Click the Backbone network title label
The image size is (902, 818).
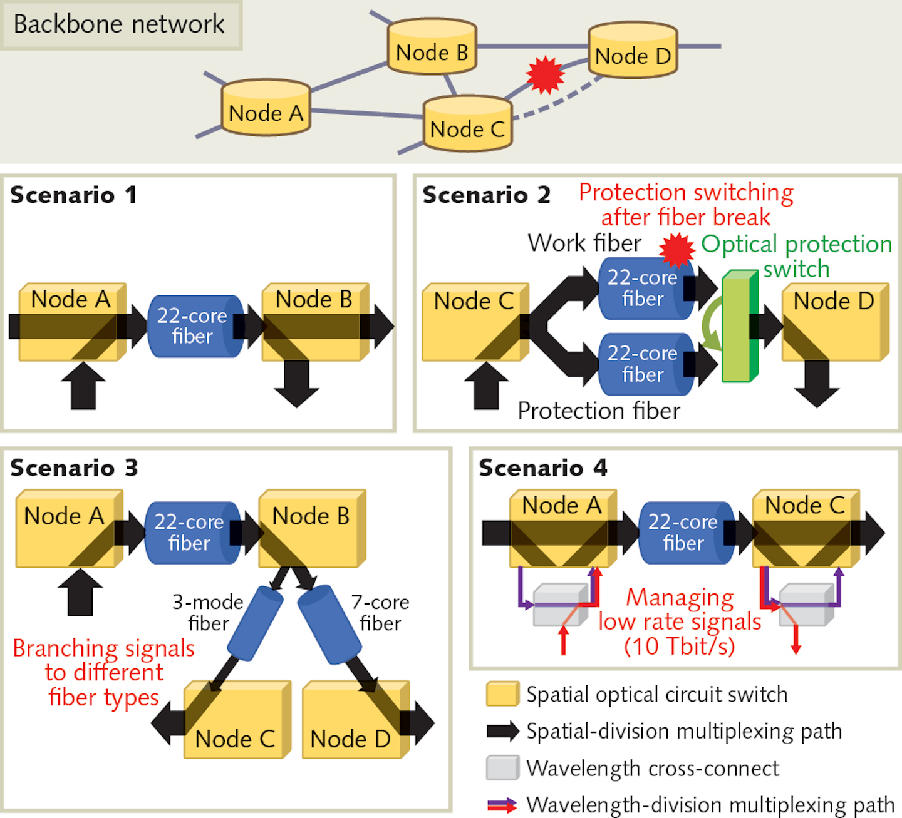[119, 24]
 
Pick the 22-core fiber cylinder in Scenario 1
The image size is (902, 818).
[194, 326]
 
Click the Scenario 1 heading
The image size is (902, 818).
[73, 195]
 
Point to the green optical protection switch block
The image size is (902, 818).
[739, 326]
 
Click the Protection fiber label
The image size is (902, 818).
[599, 411]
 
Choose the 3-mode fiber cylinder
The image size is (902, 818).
[255, 623]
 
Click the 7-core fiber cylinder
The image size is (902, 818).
[329, 625]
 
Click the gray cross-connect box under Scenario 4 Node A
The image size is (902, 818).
[559, 606]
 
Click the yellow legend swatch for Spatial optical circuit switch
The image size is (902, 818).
[502, 694]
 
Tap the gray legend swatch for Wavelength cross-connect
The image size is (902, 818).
[502, 768]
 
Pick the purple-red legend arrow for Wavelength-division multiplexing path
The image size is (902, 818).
[502, 805]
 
